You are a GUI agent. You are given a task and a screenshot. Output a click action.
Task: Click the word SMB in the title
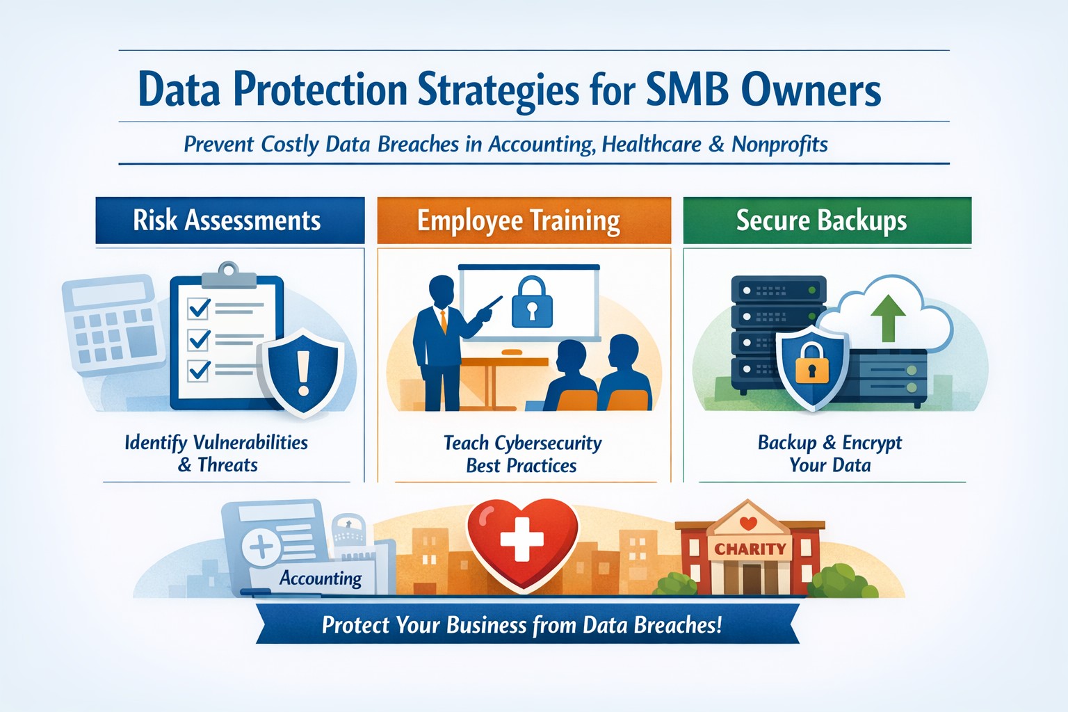point(687,90)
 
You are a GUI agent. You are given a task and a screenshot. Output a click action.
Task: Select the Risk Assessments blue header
point(229,220)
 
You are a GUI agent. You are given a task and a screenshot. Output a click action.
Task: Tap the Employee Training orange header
point(524,220)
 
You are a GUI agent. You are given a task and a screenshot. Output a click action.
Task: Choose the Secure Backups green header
point(827,220)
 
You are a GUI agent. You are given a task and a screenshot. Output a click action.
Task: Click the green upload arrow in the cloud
point(888,316)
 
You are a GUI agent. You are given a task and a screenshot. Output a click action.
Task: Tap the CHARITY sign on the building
point(750,549)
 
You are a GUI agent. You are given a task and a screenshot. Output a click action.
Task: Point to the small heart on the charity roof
point(748,523)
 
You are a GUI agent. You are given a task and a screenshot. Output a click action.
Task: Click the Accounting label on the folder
point(321,578)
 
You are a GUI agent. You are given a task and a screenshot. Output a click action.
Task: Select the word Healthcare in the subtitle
point(652,144)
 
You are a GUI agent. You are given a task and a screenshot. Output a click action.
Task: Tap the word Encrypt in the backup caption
point(872,443)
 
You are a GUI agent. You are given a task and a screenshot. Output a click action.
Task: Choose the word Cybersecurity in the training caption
point(549,443)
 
